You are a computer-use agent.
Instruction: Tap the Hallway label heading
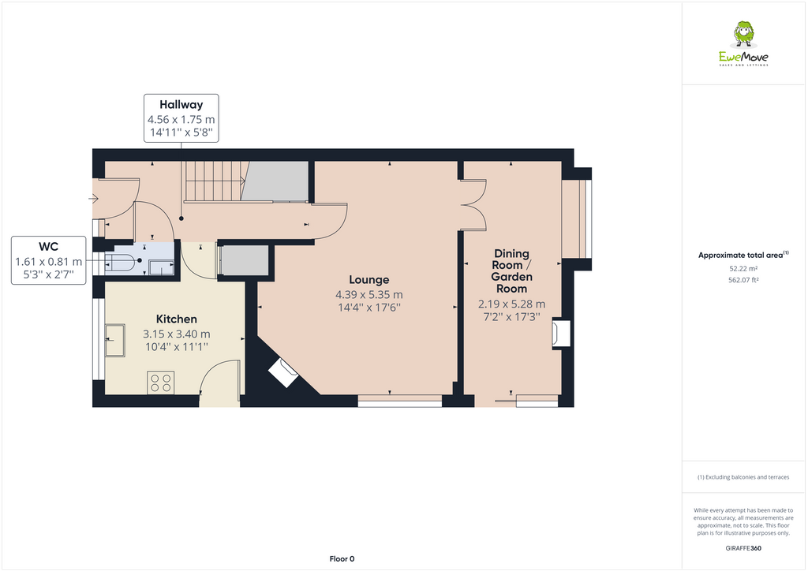pyautogui.click(x=181, y=104)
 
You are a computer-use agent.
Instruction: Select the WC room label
pyautogui.click(x=48, y=246)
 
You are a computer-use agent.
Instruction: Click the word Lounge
pyautogui.click(x=369, y=280)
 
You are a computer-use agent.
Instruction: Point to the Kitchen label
pyautogui.click(x=176, y=319)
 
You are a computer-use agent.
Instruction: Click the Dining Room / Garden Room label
pyautogui.click(x=511, y=271)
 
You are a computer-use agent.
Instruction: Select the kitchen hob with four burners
pyautogui.click(x=161, y=383)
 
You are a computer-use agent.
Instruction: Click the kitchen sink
pyautogui.click(x=115, y=340)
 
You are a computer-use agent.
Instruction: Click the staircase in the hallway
pyautogui.click(x=211, y=181)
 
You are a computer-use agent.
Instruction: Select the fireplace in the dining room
pyautogui.click(x=560, y=333)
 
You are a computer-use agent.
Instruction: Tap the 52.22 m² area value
pyautogui.click(x=743, y=268)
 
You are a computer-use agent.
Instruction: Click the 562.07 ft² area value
pyautogui.click(x=743, y=279)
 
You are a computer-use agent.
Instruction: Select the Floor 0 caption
pyautogui.click(x=342, y=558)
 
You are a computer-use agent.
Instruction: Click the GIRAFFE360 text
pyautogui.click(x=743, y=548)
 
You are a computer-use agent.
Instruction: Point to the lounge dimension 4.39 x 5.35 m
pyautogui.click(x=369, y=294)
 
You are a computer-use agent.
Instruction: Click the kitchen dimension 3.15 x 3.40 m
pyautogui.click(x=176, y=334)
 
